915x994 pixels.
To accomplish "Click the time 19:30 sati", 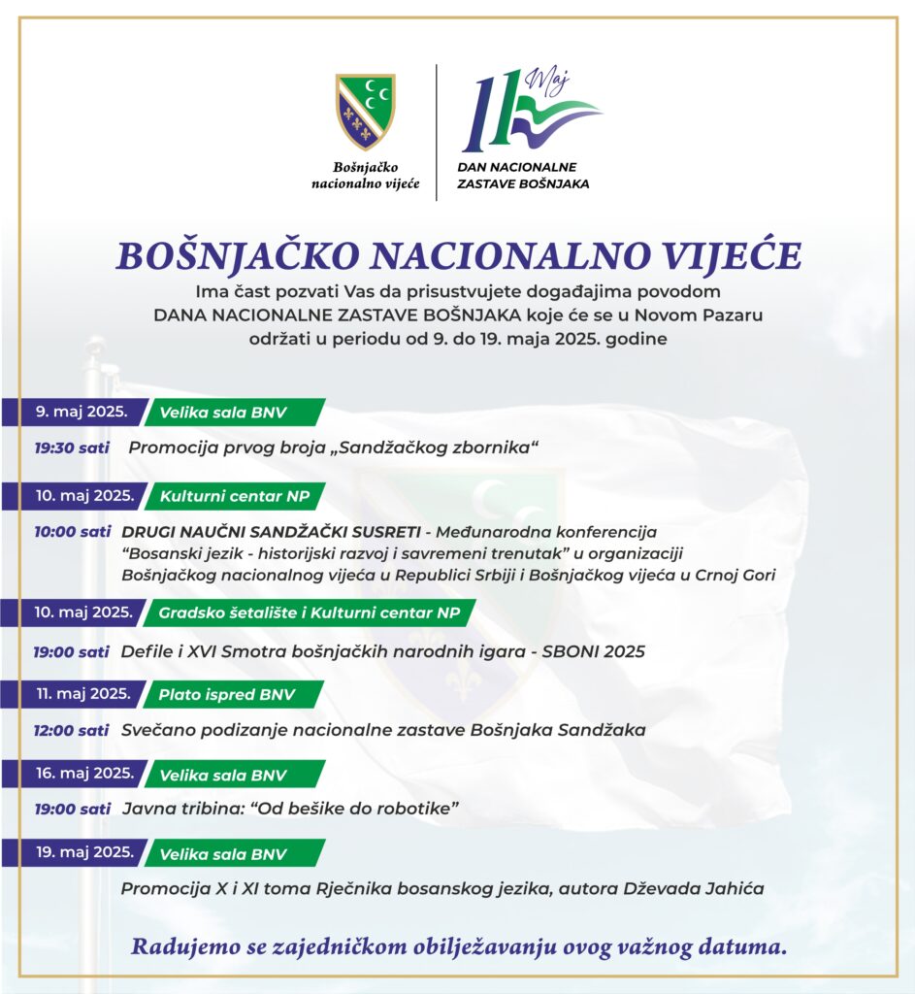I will (73, 447).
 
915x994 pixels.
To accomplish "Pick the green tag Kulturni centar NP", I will (236, 496).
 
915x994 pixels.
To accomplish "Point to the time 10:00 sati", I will (73, 532).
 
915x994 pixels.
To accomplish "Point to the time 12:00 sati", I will (73, 730).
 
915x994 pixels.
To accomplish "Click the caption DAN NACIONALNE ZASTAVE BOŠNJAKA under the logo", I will (523, 176).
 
